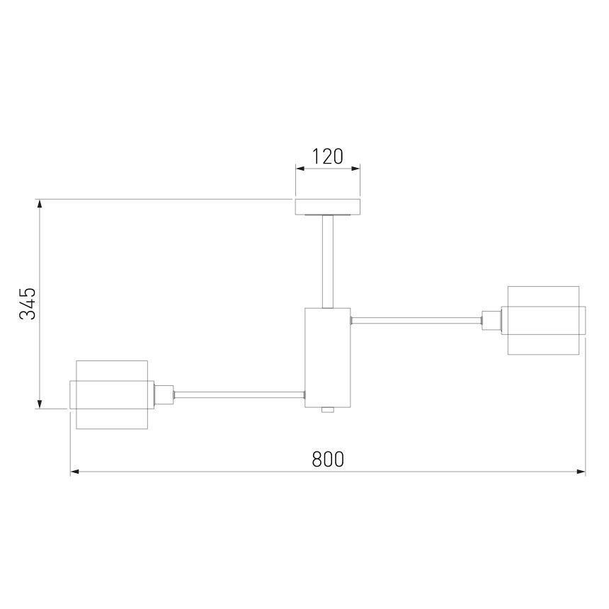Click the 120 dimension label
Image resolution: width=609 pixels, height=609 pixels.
coord(327,156)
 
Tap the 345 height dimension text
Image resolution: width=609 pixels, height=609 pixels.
coord(28,304)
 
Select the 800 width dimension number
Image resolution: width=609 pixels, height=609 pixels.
coord(328,459)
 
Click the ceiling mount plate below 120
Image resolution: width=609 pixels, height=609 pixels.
coord(328,207)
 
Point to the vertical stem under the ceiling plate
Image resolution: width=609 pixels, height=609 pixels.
coord(328,262)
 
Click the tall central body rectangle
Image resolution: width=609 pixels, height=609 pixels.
coord(328,358)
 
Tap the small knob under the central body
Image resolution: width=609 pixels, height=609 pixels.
coord(328,410)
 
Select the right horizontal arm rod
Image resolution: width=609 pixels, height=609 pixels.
coord(416,321)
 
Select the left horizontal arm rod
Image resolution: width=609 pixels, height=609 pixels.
coord(239,394)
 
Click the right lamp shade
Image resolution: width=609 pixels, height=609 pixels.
coord(543,320)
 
